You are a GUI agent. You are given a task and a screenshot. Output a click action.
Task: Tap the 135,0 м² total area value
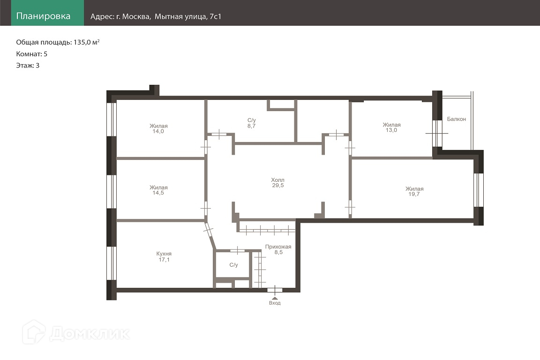(86, 42)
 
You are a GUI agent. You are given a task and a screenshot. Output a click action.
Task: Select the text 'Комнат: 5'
(32, 54)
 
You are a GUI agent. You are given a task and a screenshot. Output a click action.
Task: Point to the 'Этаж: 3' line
(28, 66)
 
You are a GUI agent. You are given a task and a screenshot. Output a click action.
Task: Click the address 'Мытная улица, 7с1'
(187, 16)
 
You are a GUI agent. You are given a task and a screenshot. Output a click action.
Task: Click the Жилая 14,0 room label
(158, 128)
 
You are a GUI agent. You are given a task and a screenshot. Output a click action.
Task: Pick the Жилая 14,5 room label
(158, 190)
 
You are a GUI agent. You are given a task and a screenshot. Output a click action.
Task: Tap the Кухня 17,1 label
(164, 257)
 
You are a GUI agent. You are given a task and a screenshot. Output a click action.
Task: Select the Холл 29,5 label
(278, 183)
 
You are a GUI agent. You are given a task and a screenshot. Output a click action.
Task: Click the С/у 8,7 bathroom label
(251, 123)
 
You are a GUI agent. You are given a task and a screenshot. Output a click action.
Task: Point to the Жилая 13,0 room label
(391, 127)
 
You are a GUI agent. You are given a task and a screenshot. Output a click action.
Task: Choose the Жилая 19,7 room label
(414, 192)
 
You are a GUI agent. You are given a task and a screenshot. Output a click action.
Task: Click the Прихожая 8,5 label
(278, 249)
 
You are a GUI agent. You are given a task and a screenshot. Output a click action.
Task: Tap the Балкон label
(456, 119)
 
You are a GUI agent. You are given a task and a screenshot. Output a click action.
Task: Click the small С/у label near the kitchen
(233, 265)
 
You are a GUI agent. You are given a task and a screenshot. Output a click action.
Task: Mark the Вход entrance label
(275, 303)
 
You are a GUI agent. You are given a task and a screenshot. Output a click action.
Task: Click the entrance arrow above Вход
(275, 298)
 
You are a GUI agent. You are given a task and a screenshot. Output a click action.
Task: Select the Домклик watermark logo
(76, 332)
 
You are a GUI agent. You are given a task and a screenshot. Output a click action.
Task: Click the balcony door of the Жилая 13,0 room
(437, 133)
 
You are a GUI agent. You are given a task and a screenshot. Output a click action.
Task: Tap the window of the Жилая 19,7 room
(478, 190)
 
